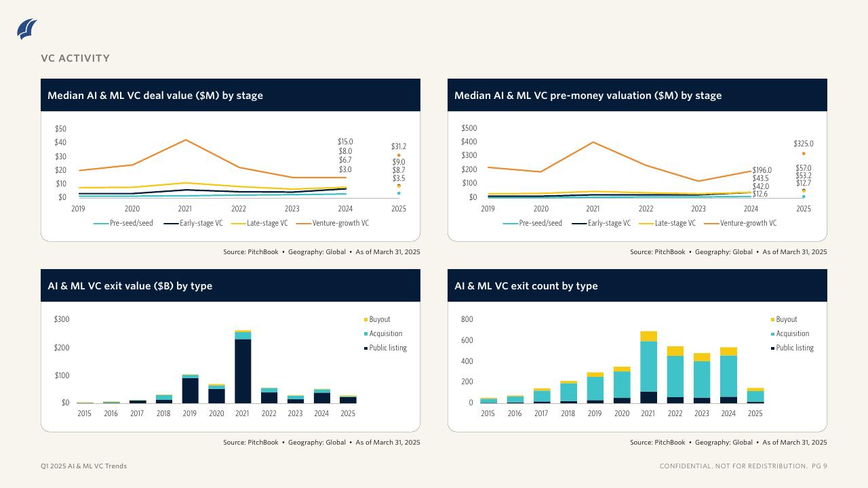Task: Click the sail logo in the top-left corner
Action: point(27,29)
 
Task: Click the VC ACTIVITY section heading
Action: point(75,58)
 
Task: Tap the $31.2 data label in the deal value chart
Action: point(399,146)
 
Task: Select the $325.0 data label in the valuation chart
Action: point(804,144)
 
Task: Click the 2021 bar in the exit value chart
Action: point(243,367)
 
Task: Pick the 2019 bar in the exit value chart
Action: point(190,389)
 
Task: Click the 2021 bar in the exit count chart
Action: point(649,367)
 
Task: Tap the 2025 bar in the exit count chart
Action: point(755,396)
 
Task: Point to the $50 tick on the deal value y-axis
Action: point(60,129)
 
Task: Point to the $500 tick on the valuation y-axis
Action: point(469,128)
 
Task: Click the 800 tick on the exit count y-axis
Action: point(467,319)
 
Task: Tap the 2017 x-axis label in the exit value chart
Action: point(137,413)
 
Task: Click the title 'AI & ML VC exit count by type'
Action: point(526,286)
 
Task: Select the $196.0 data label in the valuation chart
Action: point(762,170)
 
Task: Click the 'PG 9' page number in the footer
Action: point(819,466)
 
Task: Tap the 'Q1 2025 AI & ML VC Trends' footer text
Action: point(83,466)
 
